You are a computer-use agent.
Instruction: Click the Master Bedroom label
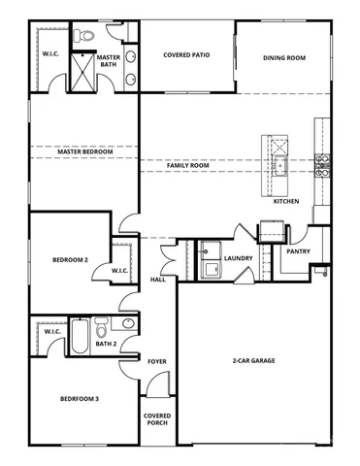tap(84, 152)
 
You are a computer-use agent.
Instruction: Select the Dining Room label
tap(283, 58)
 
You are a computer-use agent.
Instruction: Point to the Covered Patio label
tap(186, 55)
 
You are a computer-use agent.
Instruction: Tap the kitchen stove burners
tap(323, 165)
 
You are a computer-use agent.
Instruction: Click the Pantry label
tap(297, 251)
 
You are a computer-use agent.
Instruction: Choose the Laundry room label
tap(238, 258)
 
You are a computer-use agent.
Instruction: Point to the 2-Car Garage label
tap(251, 361)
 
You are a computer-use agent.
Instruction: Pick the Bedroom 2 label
tap(70, 260)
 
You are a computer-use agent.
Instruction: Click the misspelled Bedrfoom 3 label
tap(76, 399)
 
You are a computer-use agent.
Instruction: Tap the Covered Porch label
tap(157, 418)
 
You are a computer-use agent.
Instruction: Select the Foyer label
tap(156, 361)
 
